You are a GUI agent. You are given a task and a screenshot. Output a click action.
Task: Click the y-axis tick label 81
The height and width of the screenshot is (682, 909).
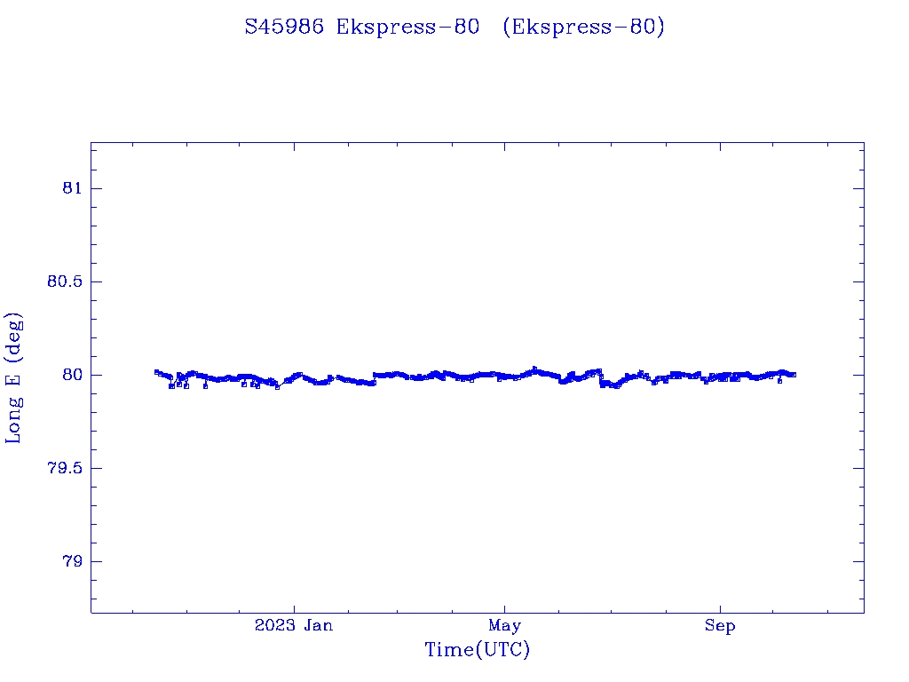72,188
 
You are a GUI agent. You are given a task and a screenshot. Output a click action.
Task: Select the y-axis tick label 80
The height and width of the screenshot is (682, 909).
72,375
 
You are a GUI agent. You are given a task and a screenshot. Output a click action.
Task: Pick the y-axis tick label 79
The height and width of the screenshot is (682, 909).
72,561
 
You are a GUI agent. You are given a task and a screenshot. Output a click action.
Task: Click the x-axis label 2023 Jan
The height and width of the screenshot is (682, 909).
294,626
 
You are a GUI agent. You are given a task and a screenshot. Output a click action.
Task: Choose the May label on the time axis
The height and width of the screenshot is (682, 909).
504,626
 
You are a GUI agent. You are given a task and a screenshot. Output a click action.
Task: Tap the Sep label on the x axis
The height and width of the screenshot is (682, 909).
720,626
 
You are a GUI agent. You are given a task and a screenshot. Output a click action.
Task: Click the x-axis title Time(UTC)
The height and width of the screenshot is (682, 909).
478,650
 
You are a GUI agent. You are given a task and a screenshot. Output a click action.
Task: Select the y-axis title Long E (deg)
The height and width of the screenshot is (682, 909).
14,377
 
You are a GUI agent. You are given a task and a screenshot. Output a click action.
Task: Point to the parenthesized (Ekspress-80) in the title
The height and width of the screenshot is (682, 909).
583,28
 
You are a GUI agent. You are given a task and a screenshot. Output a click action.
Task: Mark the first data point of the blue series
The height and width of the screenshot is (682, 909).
156,372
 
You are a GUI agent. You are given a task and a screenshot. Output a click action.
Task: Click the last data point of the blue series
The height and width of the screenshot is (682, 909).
794,375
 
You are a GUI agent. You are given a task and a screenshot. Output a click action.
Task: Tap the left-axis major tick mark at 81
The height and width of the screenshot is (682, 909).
96,188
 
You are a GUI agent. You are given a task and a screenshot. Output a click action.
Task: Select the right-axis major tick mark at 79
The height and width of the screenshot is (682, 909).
858,561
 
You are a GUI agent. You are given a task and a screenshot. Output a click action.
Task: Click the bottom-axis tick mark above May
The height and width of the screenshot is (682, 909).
504,607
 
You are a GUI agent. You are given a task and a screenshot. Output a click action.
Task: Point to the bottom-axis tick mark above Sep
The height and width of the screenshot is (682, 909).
720,607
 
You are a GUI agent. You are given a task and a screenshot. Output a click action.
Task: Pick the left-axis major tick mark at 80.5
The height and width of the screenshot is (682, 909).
96,282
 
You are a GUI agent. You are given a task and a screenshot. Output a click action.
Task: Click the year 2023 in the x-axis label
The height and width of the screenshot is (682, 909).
273,626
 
